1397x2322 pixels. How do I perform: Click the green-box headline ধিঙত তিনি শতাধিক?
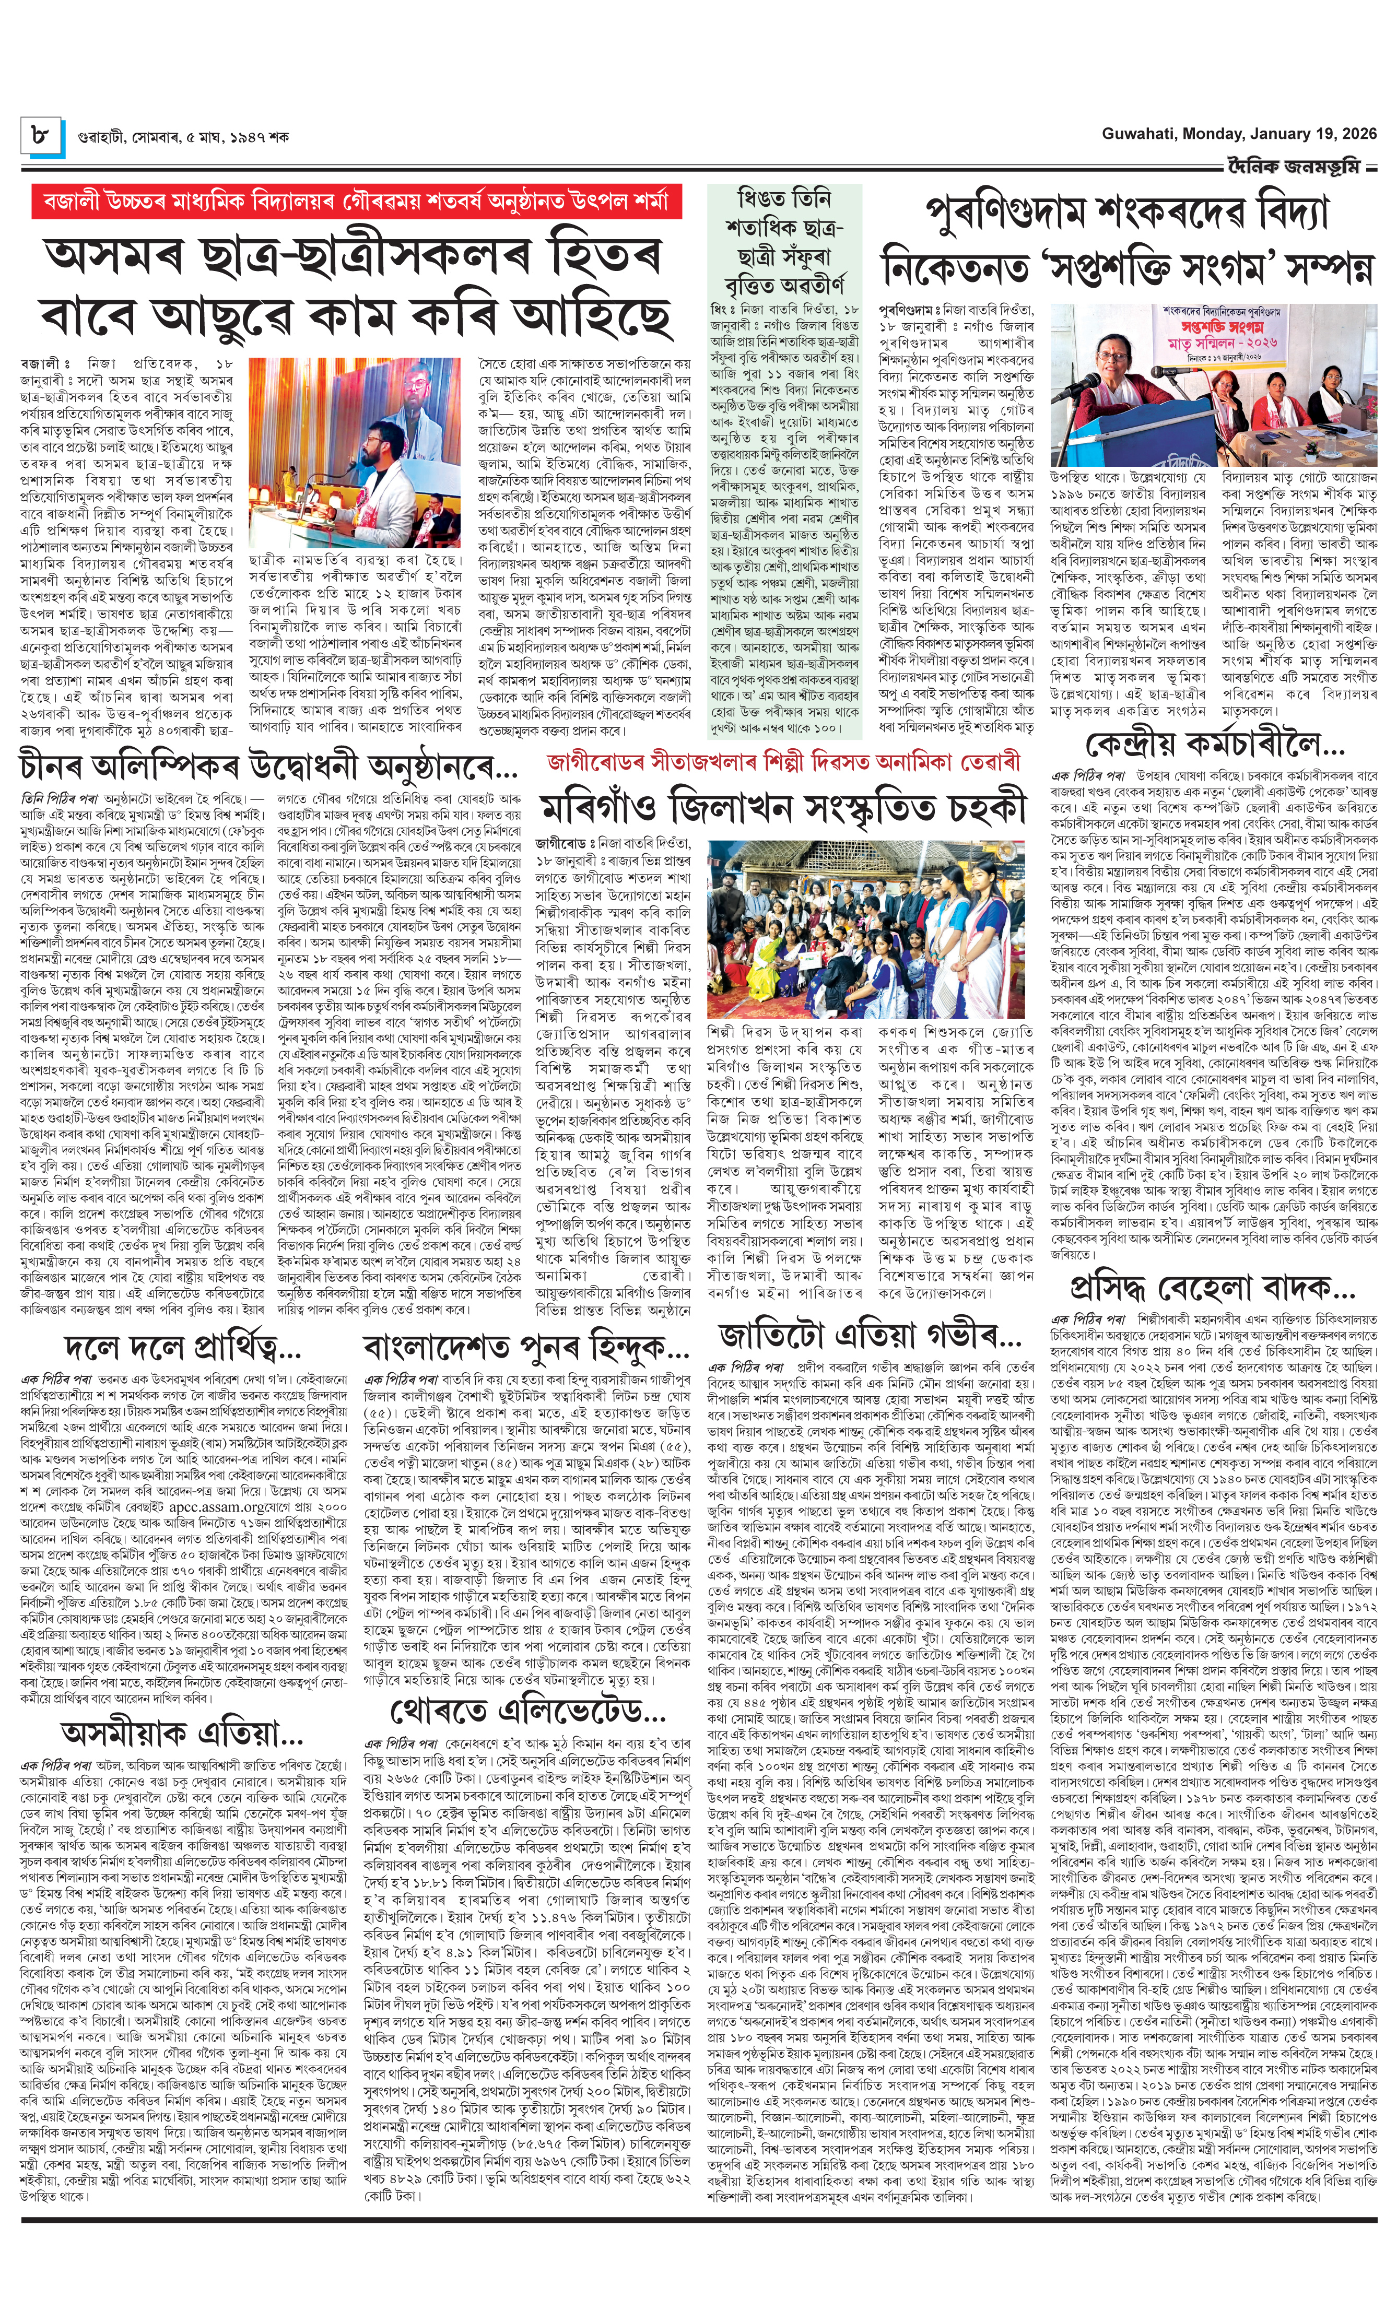(x=784, y=240)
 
